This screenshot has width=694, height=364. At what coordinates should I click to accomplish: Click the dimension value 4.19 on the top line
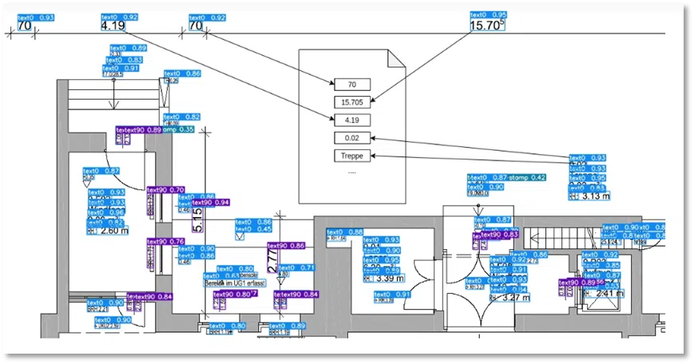click(113, 26)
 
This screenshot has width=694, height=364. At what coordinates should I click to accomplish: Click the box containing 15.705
click(352, 102)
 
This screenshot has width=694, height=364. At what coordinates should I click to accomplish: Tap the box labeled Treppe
click(352, 156)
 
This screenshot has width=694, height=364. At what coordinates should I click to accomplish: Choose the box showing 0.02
click(352, 138)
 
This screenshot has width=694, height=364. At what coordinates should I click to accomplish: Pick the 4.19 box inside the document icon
click(352, 121)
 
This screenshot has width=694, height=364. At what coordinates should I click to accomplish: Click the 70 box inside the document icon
click(352, 85)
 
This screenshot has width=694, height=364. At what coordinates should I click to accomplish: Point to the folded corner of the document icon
click(396, 60)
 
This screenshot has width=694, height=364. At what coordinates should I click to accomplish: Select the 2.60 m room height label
click(113, 231)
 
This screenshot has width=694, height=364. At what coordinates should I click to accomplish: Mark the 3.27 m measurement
click(514, 298)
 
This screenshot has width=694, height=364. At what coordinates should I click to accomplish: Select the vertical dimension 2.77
click(272, 262)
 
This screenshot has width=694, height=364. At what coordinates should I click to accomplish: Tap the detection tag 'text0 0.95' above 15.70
click(488, 15)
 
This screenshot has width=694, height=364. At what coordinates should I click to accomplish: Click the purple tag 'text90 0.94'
click(210, 203)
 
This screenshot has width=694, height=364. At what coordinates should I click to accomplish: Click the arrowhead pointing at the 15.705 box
click(372, 101)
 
